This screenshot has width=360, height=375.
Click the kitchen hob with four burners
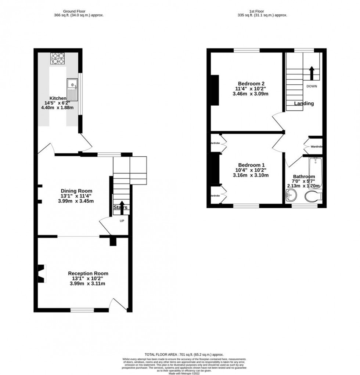coord(57,59)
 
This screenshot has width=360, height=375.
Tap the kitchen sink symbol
coord(72,90)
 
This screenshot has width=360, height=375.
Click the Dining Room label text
coord(76,191)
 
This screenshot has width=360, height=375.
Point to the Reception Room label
coord(88,273)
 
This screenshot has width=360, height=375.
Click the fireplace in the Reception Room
coord(42,273)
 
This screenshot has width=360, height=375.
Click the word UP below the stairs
coord(122,221)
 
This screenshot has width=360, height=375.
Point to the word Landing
coord(304,103)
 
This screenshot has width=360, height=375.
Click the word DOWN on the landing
coord(312,86)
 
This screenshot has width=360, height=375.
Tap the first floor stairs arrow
coord(312,73)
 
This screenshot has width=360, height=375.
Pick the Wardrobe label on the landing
coord(316,147)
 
